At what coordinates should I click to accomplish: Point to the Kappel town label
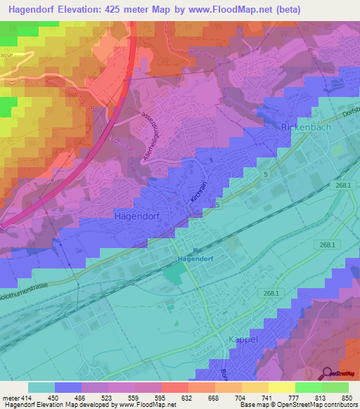coord(244,339)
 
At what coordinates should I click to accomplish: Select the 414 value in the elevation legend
coord(27,397)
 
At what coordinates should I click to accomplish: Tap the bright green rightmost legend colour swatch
coord(335,387)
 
